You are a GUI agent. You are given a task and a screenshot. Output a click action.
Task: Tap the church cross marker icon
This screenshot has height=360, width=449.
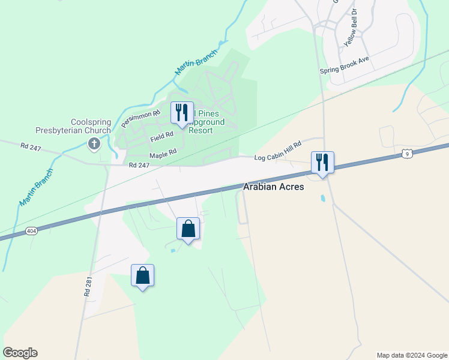click(94, 143)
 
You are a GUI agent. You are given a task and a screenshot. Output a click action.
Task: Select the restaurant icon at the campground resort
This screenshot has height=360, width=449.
click(181, 112)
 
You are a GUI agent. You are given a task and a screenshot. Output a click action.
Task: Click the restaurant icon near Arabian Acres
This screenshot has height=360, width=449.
click(322, 161)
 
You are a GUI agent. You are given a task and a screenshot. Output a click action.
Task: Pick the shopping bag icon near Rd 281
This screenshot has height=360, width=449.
click(142, 275)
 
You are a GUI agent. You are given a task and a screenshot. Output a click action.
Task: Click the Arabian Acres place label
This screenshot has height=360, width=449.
click(273, 187)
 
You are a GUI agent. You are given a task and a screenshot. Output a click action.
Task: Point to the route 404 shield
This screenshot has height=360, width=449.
click(31, 230)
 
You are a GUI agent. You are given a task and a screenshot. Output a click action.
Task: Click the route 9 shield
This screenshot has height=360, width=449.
click(407, 154)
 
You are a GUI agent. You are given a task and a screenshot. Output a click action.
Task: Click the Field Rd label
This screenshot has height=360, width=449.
click(162, 137)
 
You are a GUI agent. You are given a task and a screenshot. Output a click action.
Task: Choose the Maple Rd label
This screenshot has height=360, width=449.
click(163, 154)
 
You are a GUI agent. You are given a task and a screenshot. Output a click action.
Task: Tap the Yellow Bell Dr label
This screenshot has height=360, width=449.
click(351, 28)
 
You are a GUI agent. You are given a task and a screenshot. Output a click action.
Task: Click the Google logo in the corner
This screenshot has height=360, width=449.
click(20, 353)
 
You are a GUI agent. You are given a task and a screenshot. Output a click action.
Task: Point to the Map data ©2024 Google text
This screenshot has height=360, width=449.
click(412, 355)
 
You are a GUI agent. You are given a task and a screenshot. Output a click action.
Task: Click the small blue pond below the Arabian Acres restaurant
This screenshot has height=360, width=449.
click(323, 197)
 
